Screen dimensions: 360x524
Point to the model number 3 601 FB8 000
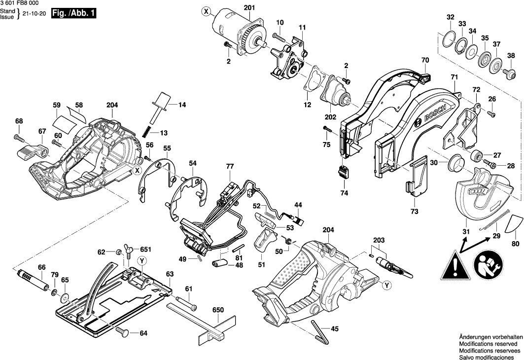[x=20, y=4]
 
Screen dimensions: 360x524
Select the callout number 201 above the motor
[x=249, y=7]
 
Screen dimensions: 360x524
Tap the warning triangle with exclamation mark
[x=456, y=265]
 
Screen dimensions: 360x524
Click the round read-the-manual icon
[x=488, y=265]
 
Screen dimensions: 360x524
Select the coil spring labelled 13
[x=147, y=132]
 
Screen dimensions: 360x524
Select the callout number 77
[x=230, y=167]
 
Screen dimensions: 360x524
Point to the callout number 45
[x=334, y=329]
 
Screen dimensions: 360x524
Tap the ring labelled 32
[x=449, y=39]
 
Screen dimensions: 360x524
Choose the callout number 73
[x=414, y=211]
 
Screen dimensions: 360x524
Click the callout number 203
[x=378, y=240]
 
